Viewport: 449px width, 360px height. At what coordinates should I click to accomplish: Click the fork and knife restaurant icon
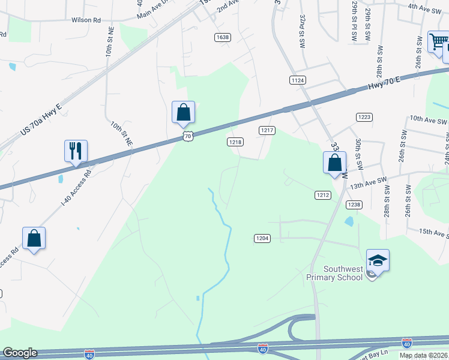76,151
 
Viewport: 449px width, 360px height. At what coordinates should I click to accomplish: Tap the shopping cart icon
438,43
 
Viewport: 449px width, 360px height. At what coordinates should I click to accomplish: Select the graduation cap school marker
378,260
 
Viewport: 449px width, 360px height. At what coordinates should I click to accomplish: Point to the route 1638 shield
222,37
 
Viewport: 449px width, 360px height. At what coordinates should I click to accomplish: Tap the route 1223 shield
364,116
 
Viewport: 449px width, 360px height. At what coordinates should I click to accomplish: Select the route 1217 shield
267,130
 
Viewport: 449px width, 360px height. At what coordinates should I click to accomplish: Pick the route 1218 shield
235,142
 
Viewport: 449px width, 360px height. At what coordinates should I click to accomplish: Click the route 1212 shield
323,194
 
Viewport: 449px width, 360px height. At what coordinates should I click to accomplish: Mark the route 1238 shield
354,205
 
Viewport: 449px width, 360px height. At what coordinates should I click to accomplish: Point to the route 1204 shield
262,238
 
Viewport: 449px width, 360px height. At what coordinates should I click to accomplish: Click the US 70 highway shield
188,137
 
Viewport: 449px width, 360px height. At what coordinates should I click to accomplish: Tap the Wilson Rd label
86,20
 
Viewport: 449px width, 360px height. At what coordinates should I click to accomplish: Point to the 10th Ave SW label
429,120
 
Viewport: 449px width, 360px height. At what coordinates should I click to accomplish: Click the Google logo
20,353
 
